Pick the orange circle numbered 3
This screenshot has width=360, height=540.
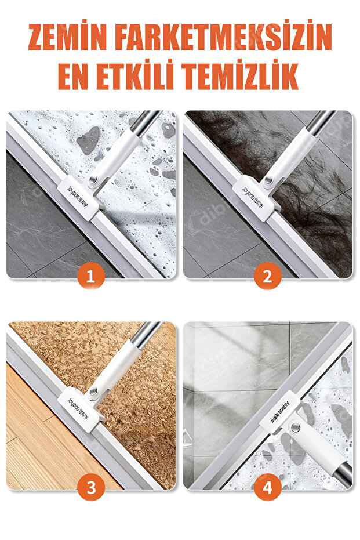coord(90,487)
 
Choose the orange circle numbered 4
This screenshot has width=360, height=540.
coord(267,487)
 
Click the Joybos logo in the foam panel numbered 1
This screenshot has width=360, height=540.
coord(78,197)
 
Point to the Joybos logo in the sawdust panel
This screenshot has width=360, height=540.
coord(78,409)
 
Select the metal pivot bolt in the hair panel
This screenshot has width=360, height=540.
coord(269,180)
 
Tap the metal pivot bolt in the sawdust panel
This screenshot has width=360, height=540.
coord(93,392)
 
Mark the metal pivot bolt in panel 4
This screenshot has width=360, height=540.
coord(294,427)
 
